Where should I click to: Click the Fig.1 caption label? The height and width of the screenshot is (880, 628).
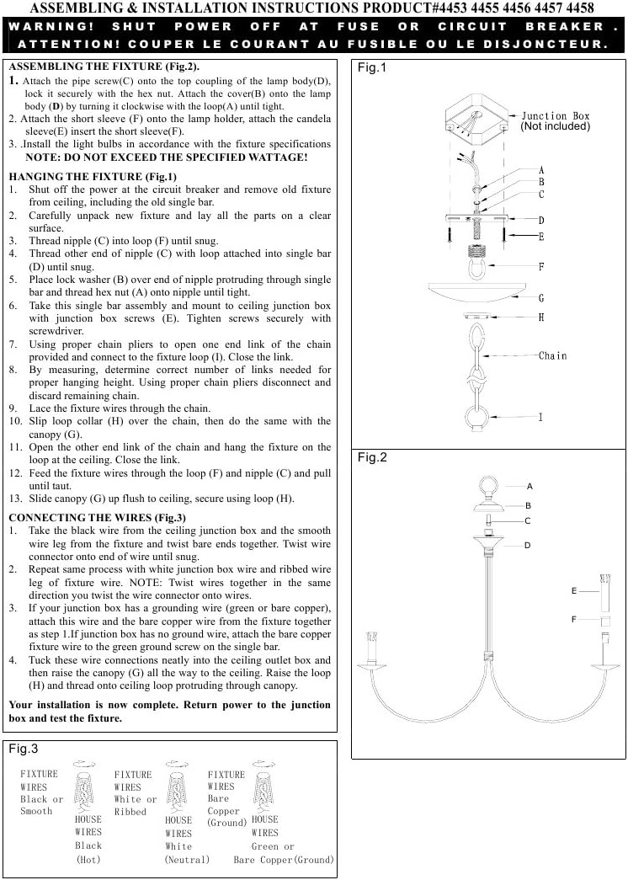coord(372,68)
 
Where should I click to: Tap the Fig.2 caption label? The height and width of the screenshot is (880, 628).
coord(372,457)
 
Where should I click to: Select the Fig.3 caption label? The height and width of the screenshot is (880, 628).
coord(24,749)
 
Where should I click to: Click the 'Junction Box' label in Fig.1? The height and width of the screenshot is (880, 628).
coord(556,116)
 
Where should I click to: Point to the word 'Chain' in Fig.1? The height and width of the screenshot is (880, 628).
coord(553,356)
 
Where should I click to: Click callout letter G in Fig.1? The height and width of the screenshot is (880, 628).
coord(541,298)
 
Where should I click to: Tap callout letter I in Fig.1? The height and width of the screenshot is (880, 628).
coord(541,417)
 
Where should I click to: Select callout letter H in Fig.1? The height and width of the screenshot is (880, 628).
coord(541,318)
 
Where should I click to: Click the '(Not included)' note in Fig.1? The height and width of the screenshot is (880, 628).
coord(556,127)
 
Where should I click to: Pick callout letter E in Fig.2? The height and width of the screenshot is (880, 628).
coord(574,591)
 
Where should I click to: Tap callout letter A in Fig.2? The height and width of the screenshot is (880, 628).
coord(530,486)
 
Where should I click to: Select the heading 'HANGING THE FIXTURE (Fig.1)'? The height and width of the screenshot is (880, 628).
coord(93,177)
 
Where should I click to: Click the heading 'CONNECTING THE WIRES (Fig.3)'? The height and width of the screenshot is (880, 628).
coord(97,517)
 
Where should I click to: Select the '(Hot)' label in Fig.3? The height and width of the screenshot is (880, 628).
coord(88,860)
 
